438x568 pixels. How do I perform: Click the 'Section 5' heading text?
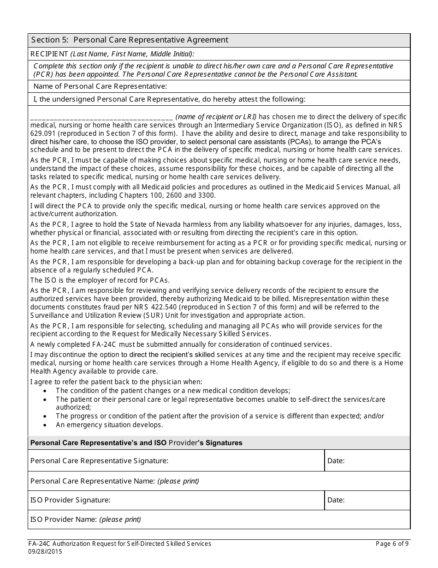[129, 40]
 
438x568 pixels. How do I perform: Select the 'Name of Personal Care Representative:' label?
[100, 86]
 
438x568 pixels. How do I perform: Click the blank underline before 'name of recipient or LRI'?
[101, 117]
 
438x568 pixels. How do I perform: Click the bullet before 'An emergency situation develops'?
[45, 425]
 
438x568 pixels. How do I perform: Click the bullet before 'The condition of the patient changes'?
[45, 391]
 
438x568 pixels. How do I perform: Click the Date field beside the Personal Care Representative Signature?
[367, 460]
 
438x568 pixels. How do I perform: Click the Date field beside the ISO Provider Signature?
[367, 500]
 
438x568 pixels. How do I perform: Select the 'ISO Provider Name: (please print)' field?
[219, 520]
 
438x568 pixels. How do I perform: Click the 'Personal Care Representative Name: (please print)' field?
[219, 481]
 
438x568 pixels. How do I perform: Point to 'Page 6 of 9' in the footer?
[392, 544]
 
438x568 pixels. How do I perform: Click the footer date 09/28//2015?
[46, 551]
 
